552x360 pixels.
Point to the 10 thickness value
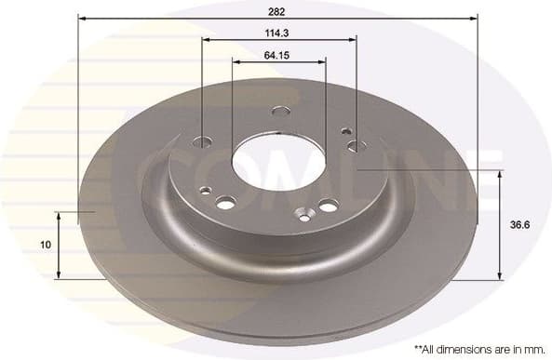pyautogui.click(x=45, y=245)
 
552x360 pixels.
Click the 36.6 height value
pyautogui.click(x=525, y=224)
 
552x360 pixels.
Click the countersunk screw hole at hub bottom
pyautogui.click(x=302, y=216)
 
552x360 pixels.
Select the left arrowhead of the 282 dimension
pyautogui.click(x=82, y=18)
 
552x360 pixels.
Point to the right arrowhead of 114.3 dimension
pyautogui.click(x=353, y=41)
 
